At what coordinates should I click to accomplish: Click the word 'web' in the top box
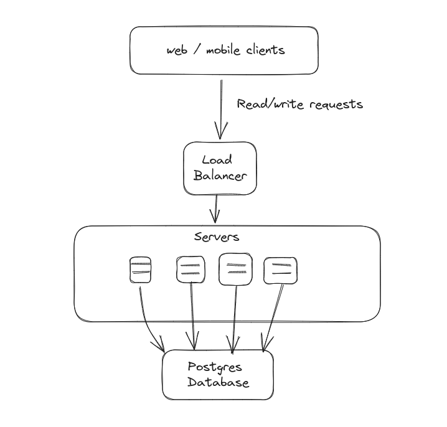click(177, 50)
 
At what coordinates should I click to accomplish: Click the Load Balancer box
click(220, 167)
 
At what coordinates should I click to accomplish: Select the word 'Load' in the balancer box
click(217, 161)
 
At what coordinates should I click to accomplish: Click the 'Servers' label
click(216, 237)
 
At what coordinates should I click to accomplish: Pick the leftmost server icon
click(140, 270)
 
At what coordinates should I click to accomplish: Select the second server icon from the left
click(190, 270)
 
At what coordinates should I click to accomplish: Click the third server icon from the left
click(235, 270)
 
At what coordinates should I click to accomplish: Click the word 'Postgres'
click(215, 367)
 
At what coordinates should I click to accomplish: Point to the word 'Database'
click(218, 382)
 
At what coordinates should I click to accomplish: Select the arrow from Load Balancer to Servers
click(215, 209)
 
